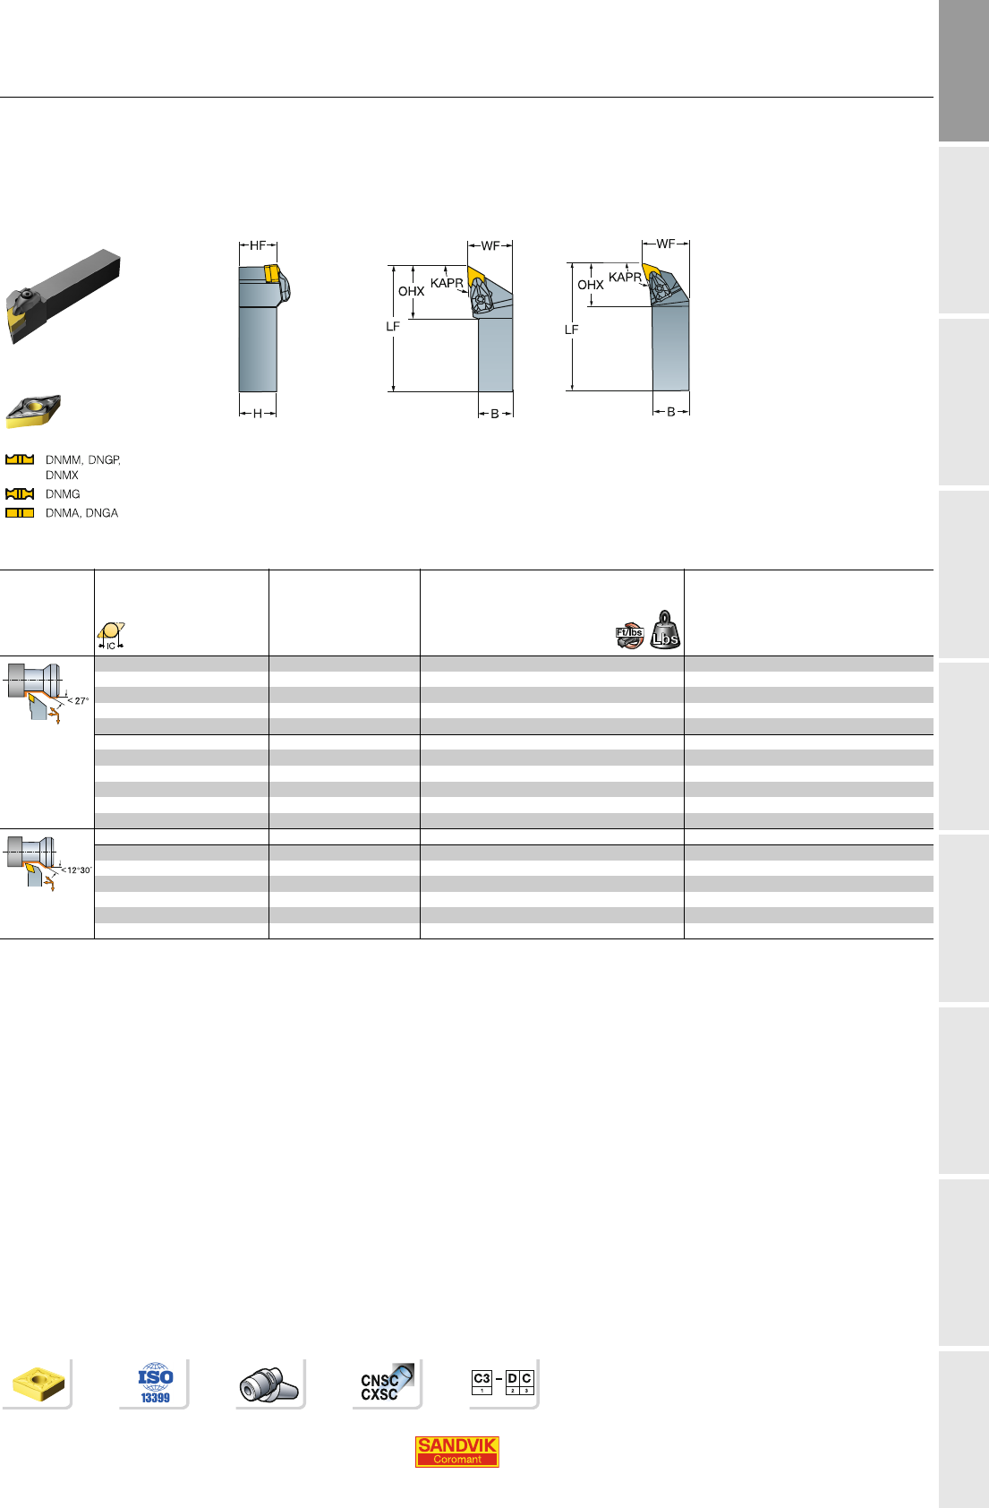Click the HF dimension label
(258, 245)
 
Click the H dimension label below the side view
(258, 414)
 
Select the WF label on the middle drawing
(490, 245)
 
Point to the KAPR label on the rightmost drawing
(625, 277)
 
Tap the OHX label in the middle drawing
(411, 291)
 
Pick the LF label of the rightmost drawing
(571, 330)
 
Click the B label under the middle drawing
(494, 414)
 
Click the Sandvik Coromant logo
(456, 1451)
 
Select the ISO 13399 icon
(156, 1384)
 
